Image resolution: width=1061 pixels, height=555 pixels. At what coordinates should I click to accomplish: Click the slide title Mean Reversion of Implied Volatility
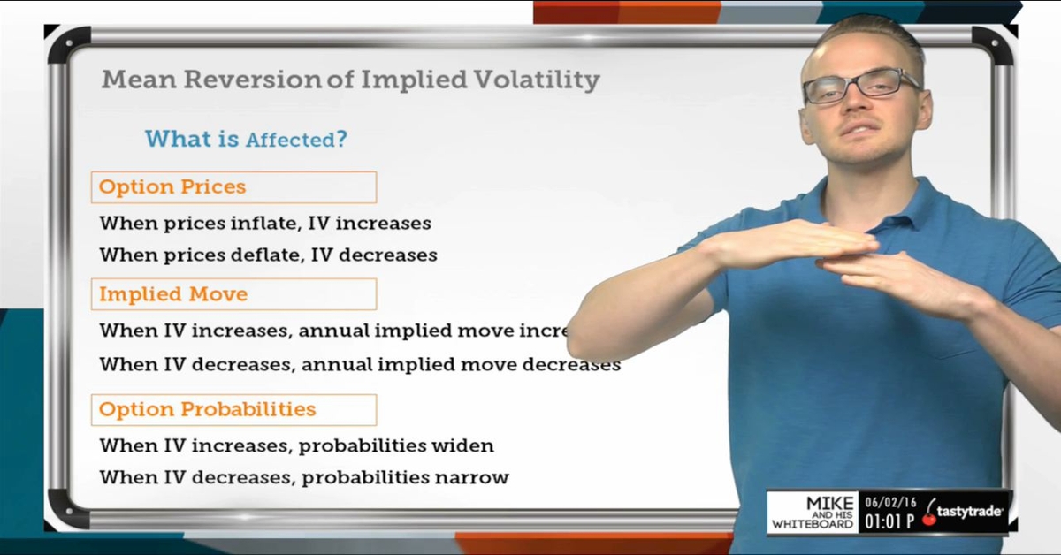click(x=350, y=80)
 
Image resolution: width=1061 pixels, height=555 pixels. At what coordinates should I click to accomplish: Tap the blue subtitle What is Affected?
click(x=246, y=139)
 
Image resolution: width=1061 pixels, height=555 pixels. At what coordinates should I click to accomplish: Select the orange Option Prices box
click(x=233, y=187)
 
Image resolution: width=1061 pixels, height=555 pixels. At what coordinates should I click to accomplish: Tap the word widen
click(x=462, y=445)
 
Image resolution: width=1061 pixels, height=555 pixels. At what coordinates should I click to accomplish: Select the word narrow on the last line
click(x=473, y=478)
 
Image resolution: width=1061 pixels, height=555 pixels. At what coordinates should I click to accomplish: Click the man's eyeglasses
click(x=861, y=86)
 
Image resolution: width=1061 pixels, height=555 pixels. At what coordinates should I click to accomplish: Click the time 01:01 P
click(x=889, y=521)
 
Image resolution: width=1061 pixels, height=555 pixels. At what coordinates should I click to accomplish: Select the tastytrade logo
click(x=964, y=512)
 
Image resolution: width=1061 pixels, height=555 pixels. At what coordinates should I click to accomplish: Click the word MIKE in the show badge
click(x=829, y=503)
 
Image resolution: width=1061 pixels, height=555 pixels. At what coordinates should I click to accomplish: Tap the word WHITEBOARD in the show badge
click(x=813, y=525)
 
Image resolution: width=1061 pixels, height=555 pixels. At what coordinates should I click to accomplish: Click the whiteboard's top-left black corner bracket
click(x=66, y=44)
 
